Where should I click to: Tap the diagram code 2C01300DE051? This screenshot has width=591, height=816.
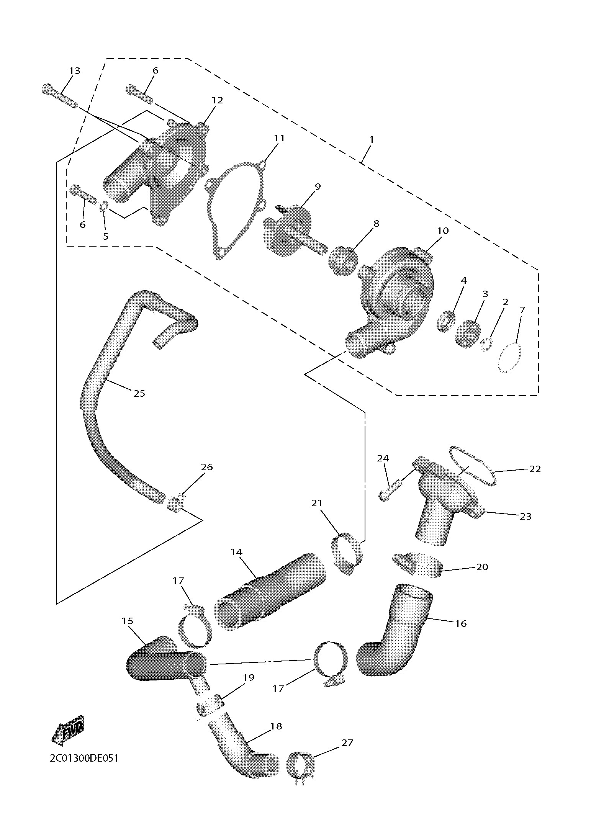point(84,758)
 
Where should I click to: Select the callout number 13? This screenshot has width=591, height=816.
point(75,71)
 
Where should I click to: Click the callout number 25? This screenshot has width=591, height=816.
point(139,393)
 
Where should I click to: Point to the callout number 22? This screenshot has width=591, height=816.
point(535,469)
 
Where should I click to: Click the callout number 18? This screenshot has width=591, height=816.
point(276,726)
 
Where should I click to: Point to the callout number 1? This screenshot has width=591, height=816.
point(371,139)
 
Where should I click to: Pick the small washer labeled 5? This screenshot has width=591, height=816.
point(103,208)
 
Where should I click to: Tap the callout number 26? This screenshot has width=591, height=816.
point(207,467)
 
